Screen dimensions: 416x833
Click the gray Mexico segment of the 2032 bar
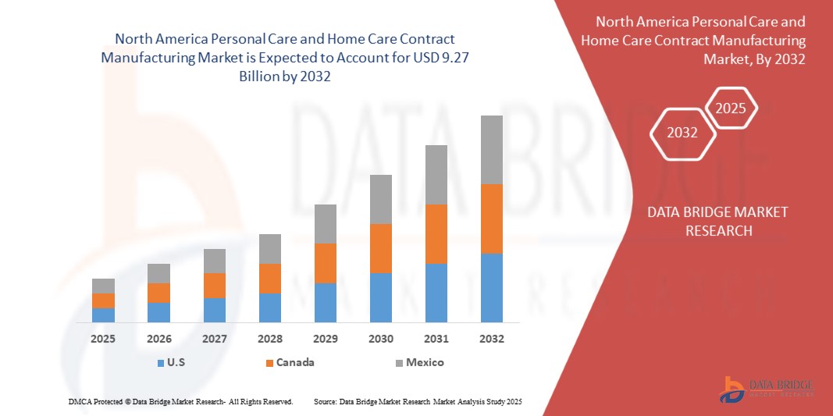(491, 150)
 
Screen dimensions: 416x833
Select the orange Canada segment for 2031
(436, 234)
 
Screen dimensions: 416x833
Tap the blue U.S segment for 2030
(380, 297)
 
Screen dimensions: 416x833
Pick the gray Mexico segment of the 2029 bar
(325, 224)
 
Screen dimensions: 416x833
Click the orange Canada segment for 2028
(269, 279)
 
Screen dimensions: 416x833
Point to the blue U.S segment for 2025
(103, 315)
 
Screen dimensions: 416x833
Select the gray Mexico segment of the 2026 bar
(158, 273)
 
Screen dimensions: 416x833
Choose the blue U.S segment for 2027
(214, 310)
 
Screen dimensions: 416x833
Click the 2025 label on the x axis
(103, 339)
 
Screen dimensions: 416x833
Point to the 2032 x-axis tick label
(491, 339)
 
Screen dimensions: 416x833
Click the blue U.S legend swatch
(160, 363)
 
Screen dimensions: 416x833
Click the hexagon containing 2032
(682, 133)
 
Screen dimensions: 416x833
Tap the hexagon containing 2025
(732, 108)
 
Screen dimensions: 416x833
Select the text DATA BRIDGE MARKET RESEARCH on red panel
(717, 222)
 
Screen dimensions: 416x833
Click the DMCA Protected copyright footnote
(180, 401)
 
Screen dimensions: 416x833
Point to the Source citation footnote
(418, 401)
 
